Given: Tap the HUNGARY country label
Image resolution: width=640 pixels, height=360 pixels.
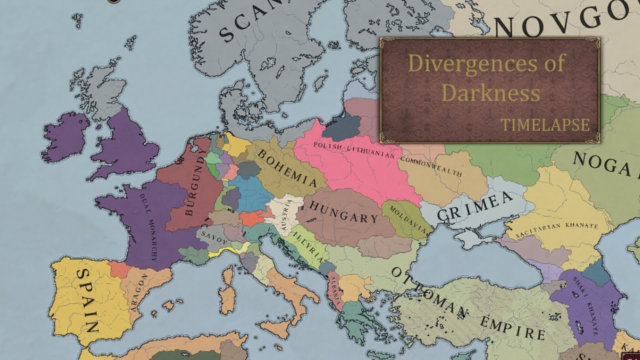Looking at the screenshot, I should coord(344,212).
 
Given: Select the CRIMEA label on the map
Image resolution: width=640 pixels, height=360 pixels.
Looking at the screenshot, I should coord(474,206).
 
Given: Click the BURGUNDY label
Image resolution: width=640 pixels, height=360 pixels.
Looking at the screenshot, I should coord(195,185).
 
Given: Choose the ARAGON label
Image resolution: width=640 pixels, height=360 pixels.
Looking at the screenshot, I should coord(139,292).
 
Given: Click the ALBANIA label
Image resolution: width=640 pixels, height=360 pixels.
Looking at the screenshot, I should coord(334,290).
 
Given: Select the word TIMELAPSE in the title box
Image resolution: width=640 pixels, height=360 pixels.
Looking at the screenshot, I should coord(545,125).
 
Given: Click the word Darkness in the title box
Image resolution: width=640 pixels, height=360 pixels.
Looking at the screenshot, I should coord(491,93).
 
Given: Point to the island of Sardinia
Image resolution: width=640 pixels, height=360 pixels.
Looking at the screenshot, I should coord(227,290).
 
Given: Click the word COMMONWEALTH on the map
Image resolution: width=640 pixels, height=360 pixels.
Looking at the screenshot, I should coord(431,166).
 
